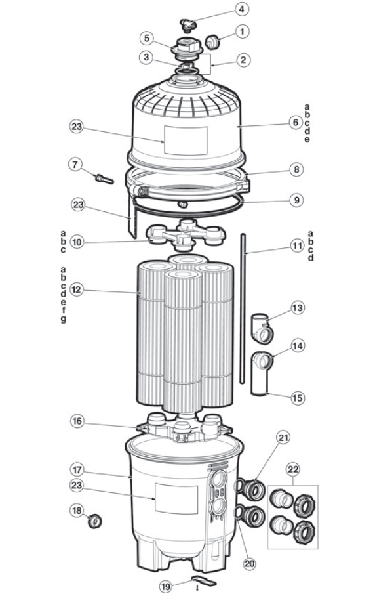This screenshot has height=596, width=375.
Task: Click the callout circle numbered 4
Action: click(241, 9)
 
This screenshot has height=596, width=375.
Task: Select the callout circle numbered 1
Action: click(242, 32)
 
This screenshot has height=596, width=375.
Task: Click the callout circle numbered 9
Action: click(296, 200)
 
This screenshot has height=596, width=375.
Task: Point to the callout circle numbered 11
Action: click(297, 246)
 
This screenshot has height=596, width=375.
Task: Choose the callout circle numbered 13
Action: click(298, 307)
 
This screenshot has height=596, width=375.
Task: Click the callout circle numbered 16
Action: click(77, 421)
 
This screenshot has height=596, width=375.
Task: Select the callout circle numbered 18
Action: click(77, 511)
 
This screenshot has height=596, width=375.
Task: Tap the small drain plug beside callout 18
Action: click(95, 521)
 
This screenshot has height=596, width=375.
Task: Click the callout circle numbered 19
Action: click(166, 587)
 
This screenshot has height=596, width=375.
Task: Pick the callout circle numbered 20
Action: click(249, 564)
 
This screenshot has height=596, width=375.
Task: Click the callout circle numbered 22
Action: click(293, 469)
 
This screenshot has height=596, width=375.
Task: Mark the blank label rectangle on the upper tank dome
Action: click(186, 140)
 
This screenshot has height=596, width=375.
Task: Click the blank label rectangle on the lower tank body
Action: click(176, 498)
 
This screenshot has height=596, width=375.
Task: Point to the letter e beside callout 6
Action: click(307, 140)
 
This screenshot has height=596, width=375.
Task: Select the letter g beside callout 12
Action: click(64, 319)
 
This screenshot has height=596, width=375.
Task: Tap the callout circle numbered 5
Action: click(147, 37)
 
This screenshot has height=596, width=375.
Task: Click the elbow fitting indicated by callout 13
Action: click(262, 329)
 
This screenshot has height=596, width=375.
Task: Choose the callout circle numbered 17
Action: click(77, 470)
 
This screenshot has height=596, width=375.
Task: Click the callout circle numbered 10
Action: click(77, 242)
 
